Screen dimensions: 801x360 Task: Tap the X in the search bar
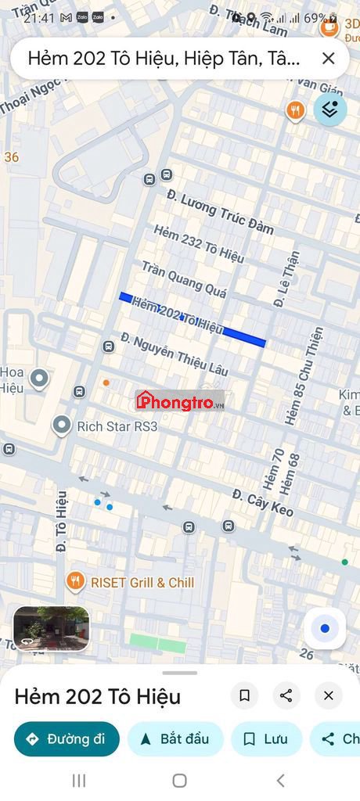pos(329,58)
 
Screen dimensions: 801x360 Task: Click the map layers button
pos(330,110)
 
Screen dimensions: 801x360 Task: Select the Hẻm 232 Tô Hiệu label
pos(199,244)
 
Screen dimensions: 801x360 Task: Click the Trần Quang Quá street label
pos(184,279)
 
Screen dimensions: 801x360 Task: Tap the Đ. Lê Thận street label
pos(286,278)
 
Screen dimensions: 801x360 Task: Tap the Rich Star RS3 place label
pos(117,426)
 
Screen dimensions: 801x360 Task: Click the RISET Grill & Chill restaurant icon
pos(75,581)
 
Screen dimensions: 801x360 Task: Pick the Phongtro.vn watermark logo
pos(180,402)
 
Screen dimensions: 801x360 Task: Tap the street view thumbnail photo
pos(52,628)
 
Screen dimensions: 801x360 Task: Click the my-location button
pos(325,628)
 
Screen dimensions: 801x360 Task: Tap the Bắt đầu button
pos(175,739)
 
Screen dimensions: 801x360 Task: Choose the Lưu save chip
pos(266,739)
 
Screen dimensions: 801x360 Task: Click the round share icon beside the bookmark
pos(286,695)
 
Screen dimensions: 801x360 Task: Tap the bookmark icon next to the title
pos(244,695)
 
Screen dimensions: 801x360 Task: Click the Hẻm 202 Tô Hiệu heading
pos(97,696)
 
